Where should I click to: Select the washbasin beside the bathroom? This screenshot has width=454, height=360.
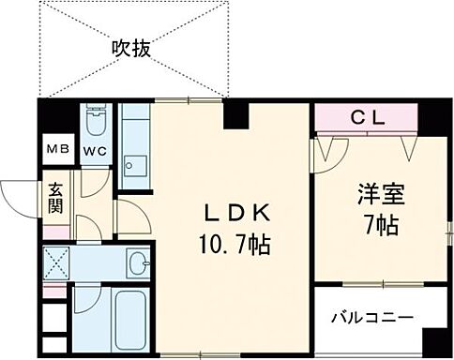(x=138, y=262)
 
